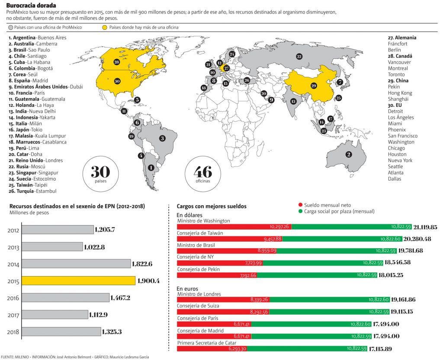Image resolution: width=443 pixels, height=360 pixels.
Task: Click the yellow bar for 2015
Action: (x=79, y=280)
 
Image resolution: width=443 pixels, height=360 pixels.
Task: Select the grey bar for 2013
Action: (x=52, y=247)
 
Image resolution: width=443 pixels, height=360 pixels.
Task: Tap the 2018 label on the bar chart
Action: (x=13, y=331)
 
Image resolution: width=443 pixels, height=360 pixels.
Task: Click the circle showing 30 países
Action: (x=100, y=174)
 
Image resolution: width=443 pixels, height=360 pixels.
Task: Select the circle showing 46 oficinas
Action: (x=203, y=174)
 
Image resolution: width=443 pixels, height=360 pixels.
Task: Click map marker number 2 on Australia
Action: (x=348, y=154)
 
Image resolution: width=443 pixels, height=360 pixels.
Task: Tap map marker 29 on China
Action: (x=314, y=86)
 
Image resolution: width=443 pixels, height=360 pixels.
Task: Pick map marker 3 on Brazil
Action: (x=162, y=138)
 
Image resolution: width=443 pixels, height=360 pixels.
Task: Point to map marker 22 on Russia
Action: (x=299, y=56)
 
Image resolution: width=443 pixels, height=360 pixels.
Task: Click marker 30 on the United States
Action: (x=117, y=81)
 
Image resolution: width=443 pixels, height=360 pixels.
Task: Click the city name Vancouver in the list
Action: (x=399, y=62)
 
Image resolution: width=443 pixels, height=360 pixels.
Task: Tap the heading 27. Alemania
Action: (x=402, y=38)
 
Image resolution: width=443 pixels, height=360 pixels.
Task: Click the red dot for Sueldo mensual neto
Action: (x=301, y=205)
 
